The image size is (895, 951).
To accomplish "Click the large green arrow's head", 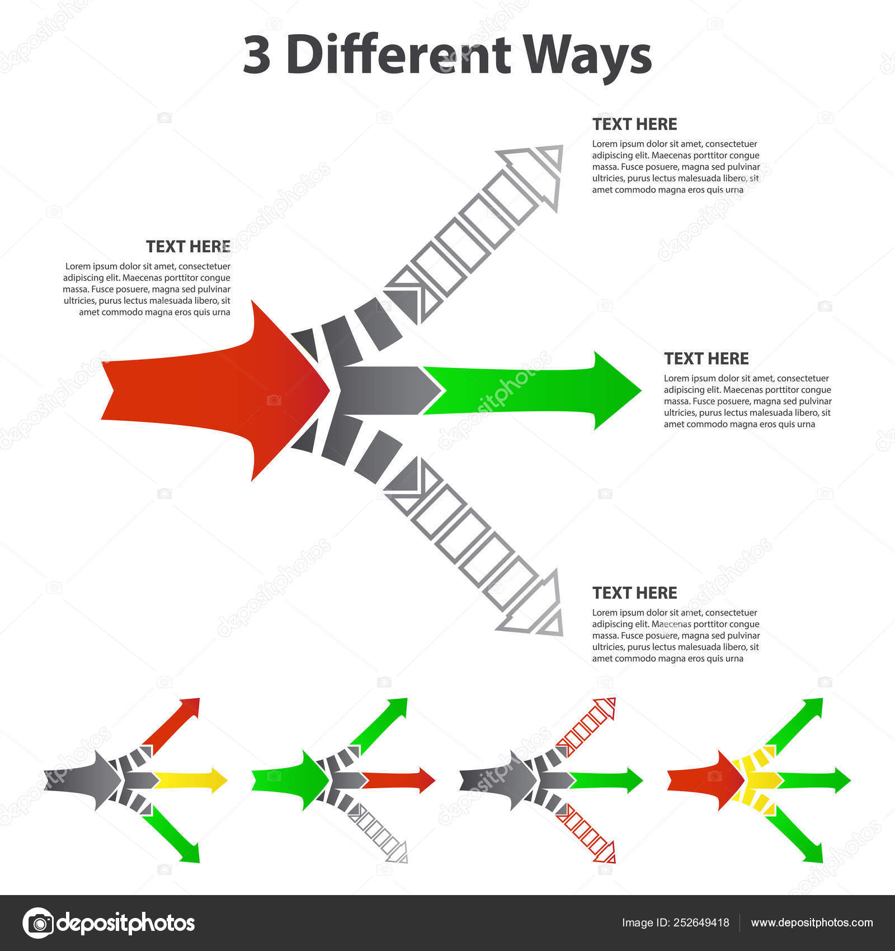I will click(615, 390).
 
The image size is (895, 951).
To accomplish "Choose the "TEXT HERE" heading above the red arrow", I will click(188, 247).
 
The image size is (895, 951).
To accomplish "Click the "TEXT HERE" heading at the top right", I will click(634, 124).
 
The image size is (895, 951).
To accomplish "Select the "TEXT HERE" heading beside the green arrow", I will click(706, 359).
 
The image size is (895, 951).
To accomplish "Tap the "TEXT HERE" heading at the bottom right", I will click(634, 593).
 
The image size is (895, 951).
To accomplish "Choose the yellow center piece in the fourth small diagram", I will click(761, 780).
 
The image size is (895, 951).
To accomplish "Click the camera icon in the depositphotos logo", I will click(38, 923).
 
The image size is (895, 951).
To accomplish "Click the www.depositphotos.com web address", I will click(812, 923).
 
